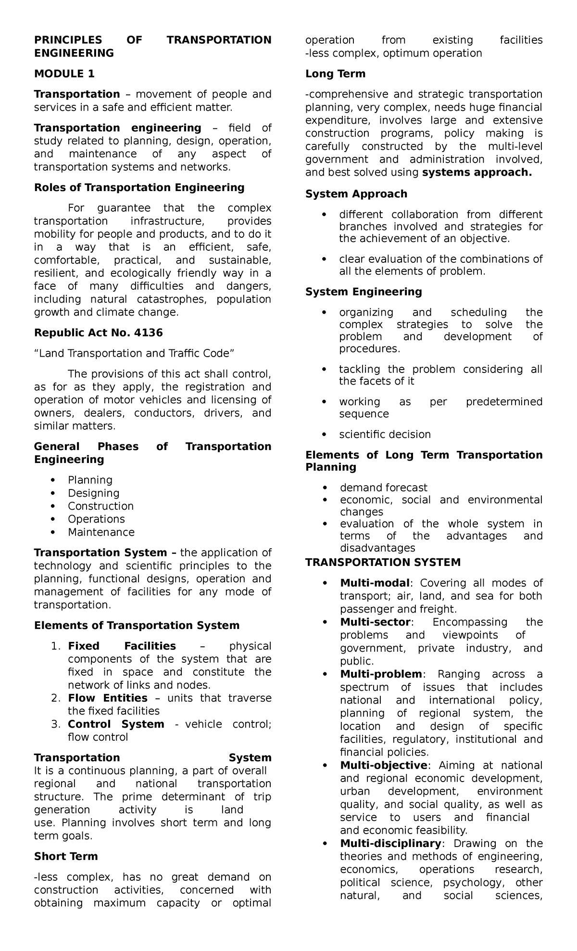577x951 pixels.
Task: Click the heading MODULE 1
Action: point(64,74)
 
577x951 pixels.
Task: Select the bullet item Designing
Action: point(93,493)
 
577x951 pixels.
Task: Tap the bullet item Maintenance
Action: point(101,532)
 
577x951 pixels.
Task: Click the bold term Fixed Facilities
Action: point(122,646)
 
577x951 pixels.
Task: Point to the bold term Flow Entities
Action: point(107,698)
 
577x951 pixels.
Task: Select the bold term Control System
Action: point(116,724)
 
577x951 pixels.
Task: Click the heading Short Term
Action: point(65,856)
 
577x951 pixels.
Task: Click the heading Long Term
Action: point(335,74)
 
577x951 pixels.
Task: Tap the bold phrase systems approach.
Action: point(477,172)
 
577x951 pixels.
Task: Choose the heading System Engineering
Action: point(364,292)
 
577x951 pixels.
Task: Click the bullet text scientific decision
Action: point(385,434)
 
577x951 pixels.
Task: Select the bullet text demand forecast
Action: point(383,488)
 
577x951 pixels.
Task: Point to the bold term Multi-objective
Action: point(383,765)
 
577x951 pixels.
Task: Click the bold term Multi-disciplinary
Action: point(390,843)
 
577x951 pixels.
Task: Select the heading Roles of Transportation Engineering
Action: point(139,187)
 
